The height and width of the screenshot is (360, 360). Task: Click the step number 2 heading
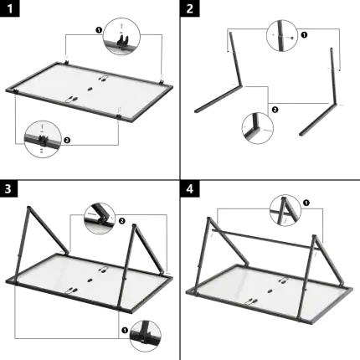189,9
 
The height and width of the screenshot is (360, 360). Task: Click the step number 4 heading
189,188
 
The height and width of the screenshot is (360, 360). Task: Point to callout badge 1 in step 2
304,34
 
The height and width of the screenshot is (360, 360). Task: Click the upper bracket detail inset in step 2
279,33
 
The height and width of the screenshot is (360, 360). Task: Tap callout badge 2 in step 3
122,219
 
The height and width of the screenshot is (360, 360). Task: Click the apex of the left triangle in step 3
34,206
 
